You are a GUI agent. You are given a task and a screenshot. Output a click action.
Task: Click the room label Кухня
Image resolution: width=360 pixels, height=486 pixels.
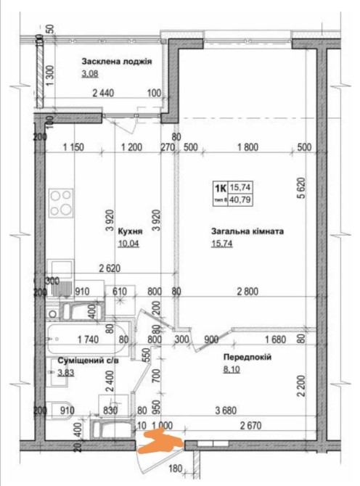(x=130, y=231)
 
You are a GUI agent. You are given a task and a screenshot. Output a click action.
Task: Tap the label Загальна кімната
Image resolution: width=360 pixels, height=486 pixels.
(x=247, y=231)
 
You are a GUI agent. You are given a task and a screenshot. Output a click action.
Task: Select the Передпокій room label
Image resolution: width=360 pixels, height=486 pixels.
(x=247, y=357)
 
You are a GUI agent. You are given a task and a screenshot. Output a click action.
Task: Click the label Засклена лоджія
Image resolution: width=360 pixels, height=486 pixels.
(x=117, y=62)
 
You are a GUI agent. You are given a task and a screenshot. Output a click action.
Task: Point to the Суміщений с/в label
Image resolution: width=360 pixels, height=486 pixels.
(x=89, y=361)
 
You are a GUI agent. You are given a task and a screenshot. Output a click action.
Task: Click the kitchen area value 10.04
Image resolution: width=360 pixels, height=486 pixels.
(x=128, y=244)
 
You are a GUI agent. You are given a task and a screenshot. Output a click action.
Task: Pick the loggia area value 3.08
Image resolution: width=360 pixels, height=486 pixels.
(x=90, y=74)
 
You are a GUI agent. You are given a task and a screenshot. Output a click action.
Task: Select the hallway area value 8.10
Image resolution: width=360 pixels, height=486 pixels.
(x=232, y=369)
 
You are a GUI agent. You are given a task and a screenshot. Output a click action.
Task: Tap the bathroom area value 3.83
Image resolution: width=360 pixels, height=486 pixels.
(x=66, y=372)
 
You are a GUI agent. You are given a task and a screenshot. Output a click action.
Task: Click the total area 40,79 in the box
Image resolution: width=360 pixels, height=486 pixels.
(x=240, y=199)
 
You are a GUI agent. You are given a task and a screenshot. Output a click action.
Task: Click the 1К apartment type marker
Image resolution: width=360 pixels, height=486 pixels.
(x=221, y=188)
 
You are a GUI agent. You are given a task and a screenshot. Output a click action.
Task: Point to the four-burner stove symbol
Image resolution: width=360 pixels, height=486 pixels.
(x=62, y=203)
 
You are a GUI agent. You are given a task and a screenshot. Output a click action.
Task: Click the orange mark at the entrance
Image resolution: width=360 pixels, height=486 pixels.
(x=160, y=441)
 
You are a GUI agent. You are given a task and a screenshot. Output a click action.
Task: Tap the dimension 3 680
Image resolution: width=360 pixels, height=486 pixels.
(x=226, y=411)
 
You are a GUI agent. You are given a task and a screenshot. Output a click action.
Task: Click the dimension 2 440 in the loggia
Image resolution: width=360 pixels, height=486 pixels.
(x=103, y=93)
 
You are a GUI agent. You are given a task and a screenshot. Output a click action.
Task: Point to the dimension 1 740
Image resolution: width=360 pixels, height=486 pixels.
(x=88, y=339)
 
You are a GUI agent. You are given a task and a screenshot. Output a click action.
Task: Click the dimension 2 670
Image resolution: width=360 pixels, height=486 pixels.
(x=250, y=426)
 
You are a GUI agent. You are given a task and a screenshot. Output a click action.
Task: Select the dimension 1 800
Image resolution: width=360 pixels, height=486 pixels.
(x=247, y=147)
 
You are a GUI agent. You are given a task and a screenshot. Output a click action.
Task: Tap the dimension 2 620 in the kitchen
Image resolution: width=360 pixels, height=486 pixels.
(x=110, y=268)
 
